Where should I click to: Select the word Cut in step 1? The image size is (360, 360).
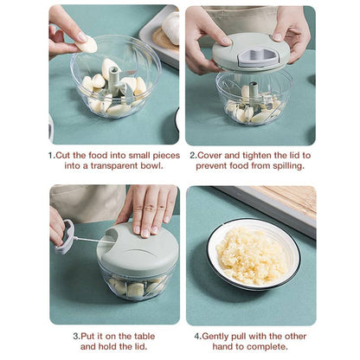66,155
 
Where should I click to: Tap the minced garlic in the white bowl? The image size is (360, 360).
250,256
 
